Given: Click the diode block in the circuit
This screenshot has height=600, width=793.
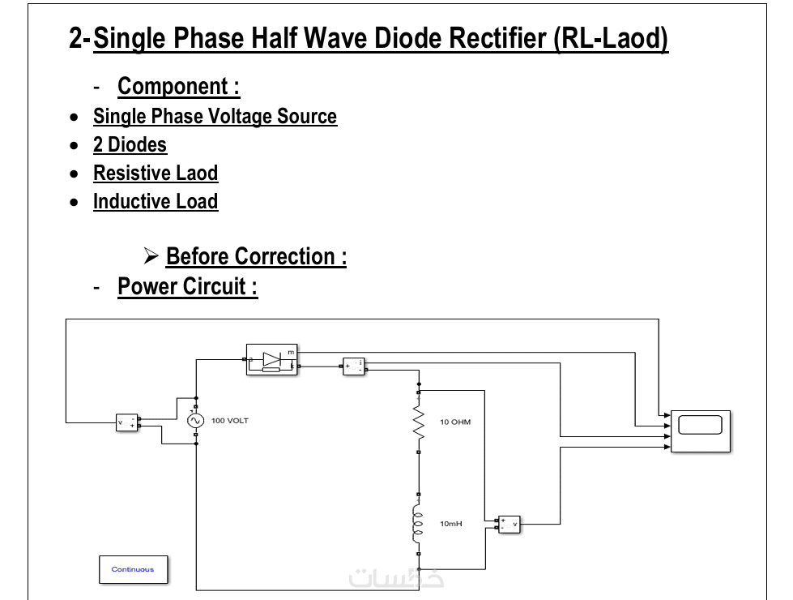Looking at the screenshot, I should coord(272,358).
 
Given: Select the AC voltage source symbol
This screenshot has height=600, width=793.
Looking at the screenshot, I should coord(194,421).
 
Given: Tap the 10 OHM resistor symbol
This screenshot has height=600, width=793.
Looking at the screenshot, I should coord(419,422).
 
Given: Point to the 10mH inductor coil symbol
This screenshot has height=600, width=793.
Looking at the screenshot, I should coord(418,524).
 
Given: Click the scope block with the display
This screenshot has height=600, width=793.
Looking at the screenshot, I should coord(700,430).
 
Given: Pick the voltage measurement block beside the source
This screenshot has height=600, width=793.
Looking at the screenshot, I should coord(127,422).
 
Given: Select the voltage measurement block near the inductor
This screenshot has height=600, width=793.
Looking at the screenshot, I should coord(509,525).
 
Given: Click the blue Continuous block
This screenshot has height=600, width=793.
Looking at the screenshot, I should coord(133,569).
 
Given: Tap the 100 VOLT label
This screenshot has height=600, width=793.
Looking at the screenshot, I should coord(230,421).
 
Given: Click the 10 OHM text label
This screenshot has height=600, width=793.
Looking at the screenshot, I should coord(455,422).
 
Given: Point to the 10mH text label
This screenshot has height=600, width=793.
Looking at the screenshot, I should coord(451,524).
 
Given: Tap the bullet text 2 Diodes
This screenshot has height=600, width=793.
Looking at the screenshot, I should coord(130,145).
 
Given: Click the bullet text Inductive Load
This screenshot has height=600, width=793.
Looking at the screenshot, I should coord(156,202).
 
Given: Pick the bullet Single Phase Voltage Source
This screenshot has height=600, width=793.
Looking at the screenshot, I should coord(215,117).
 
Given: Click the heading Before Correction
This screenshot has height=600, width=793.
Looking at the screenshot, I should coord(256,256).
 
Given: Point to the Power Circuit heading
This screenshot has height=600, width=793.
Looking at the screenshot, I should coord(187,286).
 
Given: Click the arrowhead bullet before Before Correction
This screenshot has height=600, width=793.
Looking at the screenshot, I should coord(151,256).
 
